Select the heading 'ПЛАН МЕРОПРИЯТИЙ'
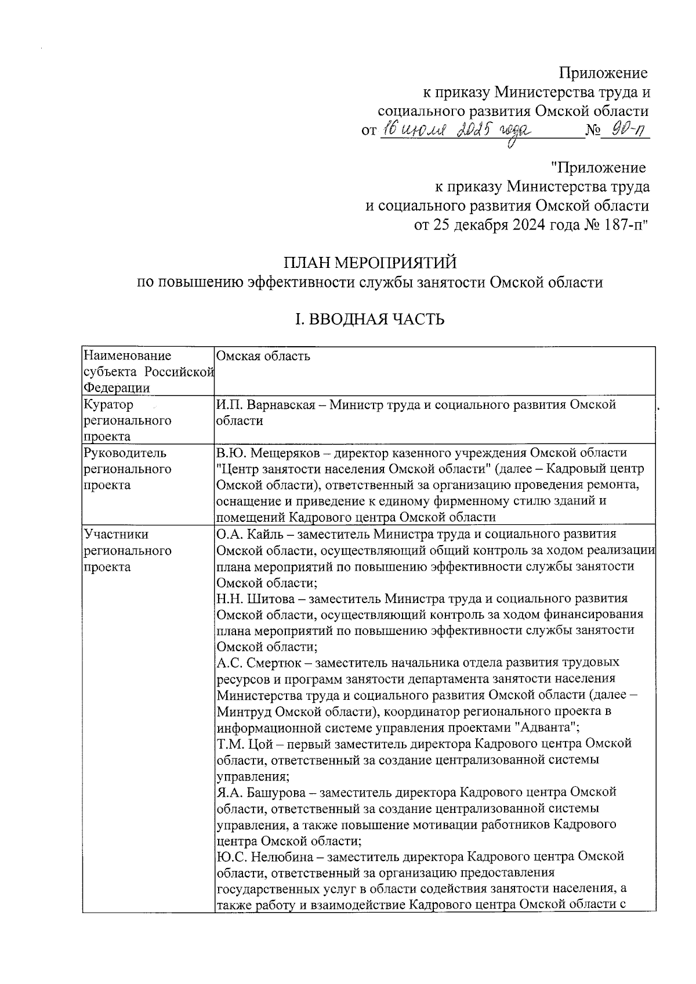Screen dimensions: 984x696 pos(369,263)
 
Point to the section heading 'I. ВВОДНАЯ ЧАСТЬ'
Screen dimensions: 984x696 pos(369,319)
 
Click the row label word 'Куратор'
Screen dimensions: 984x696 pos(108,405)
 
